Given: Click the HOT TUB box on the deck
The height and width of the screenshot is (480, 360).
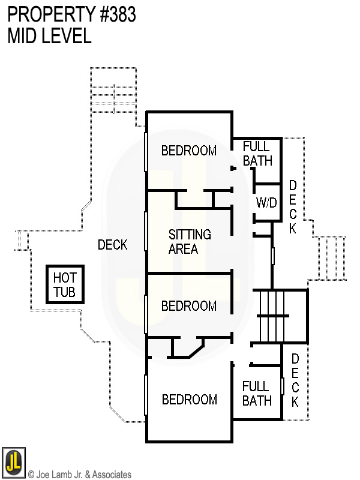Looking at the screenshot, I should (65, 286).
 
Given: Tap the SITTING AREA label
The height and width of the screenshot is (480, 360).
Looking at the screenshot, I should (189, 242).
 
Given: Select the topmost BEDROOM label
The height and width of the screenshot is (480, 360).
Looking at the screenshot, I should (189, 151).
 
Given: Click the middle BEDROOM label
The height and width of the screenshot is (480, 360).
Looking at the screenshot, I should (189, 306).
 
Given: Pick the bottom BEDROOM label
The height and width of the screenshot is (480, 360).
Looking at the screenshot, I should (189, 400).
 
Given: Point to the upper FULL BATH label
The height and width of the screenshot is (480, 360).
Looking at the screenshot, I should (257, 154).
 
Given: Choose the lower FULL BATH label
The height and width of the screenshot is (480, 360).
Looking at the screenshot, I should (257, 394).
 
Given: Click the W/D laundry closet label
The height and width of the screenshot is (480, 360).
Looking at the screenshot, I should (266, 203).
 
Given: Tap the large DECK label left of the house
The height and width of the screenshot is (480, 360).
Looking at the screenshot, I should (113, 245).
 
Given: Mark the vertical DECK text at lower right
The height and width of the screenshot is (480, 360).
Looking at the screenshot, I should (295, 380).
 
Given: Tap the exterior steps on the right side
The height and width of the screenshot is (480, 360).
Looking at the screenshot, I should (330, 257).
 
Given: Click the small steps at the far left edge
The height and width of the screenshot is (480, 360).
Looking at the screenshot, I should (23, 241).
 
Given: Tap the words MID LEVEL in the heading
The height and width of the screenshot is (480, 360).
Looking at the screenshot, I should (49, 36).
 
